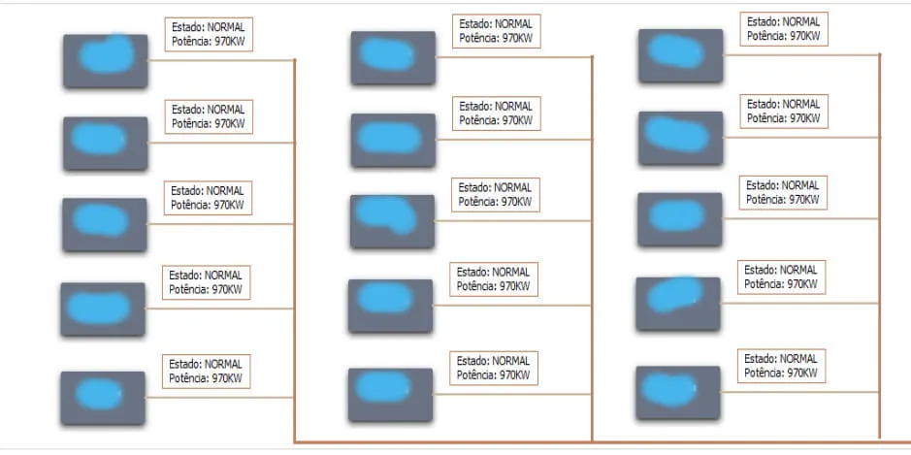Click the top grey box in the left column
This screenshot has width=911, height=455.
pos(105,61)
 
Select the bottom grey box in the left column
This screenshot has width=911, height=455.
pos(103,398)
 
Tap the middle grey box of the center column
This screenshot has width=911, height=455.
pos(393,221)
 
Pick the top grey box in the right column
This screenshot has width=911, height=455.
pos(680,55)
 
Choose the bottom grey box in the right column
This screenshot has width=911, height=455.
pos(678,392)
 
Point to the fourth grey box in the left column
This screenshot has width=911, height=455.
pos(103,309)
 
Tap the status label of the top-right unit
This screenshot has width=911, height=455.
pos(784,28)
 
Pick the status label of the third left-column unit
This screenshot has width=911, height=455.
pos(209,198)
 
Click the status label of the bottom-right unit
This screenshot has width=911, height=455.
pos(781,365)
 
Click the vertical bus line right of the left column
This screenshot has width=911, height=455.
pos(294,243)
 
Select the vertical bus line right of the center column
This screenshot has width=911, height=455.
pos(591,243)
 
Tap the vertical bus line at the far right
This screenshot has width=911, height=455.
pos(879,243)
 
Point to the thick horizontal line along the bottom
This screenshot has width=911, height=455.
pos(582,441)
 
